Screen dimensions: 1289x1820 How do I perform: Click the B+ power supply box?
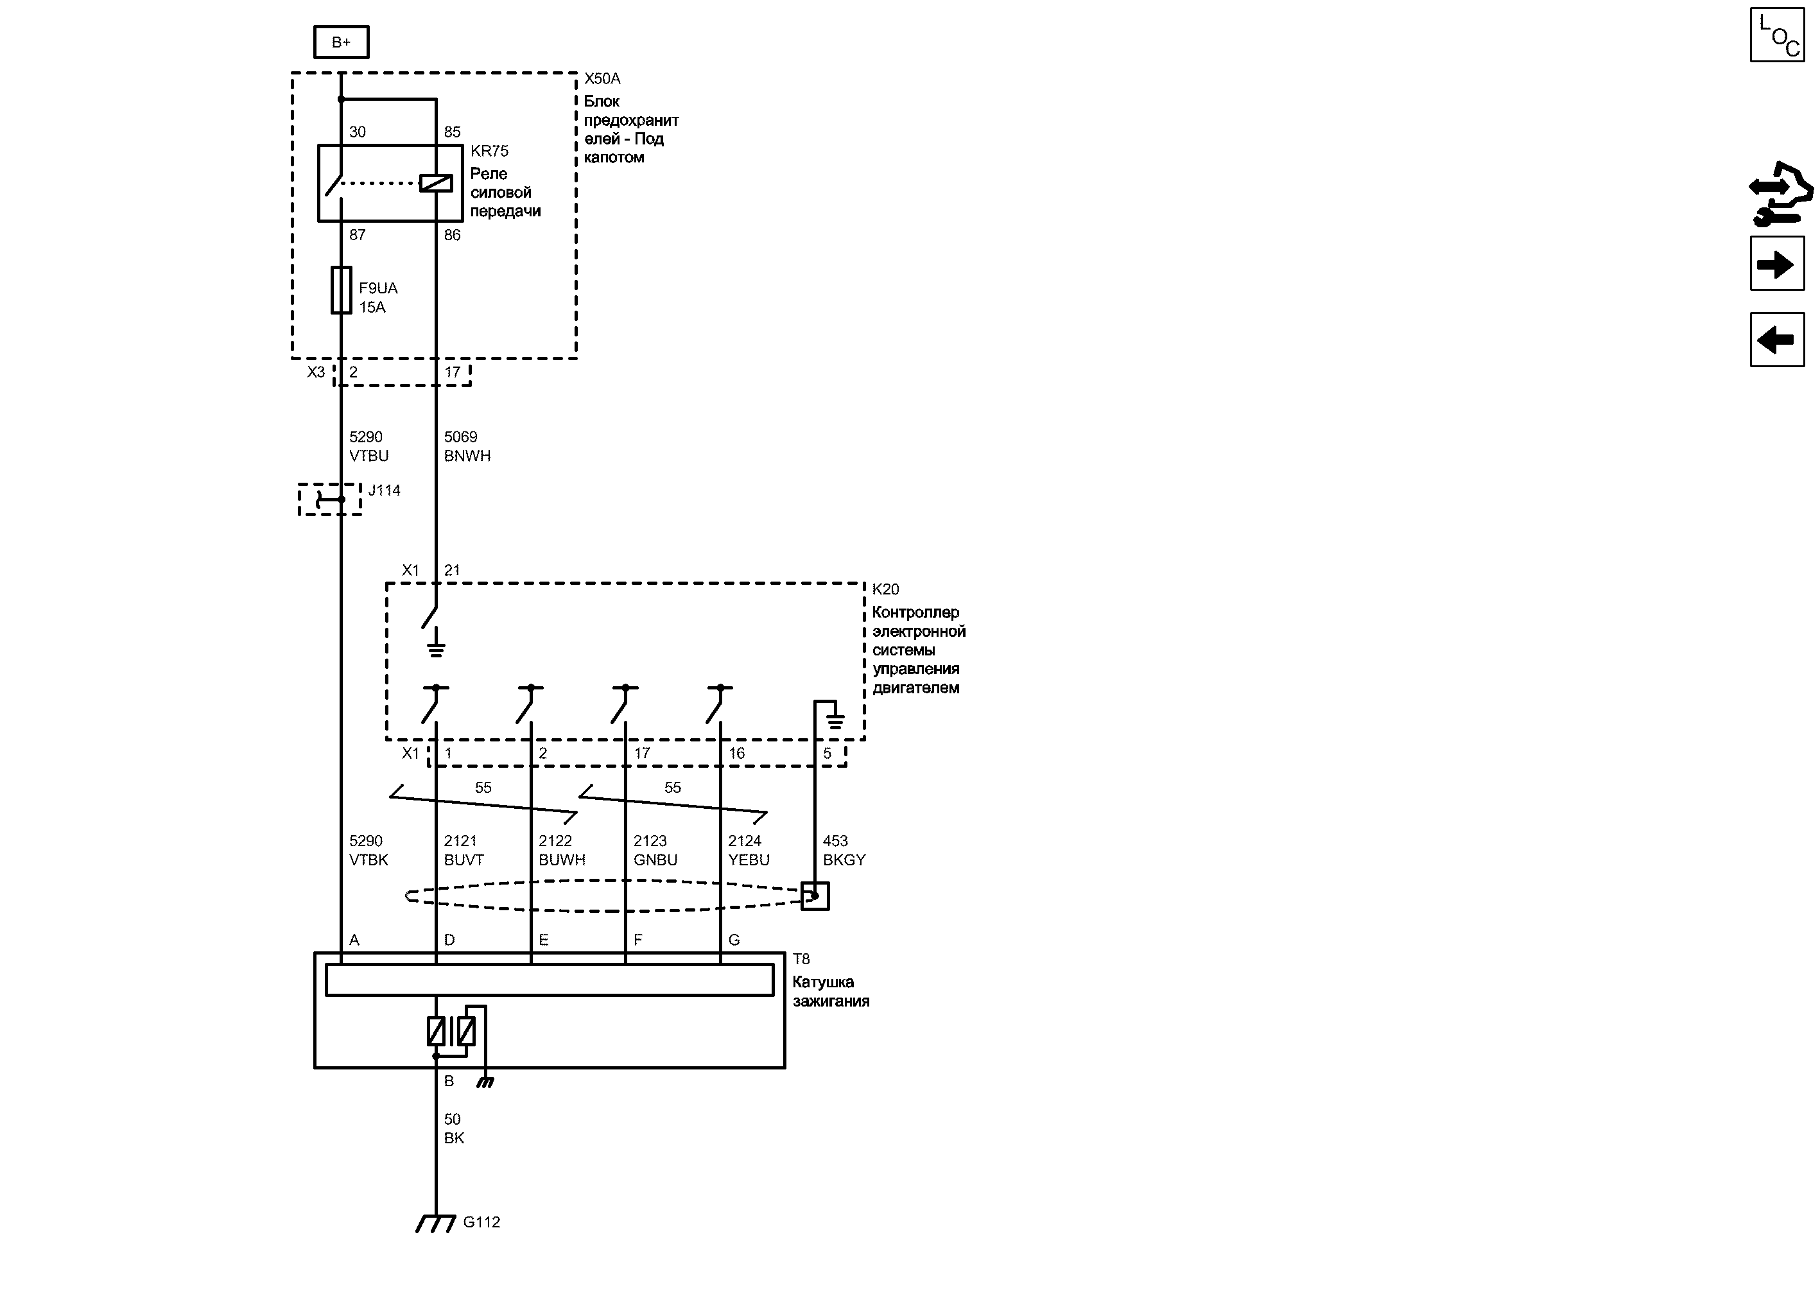coord(342,42)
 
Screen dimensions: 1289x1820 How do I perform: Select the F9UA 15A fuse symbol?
coord(342,291)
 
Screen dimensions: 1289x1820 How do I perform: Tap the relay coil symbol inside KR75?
coord(436,184)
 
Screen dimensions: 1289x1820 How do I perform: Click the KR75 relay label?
coord(489,151)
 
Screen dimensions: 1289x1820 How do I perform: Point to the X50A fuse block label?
coord(602,78)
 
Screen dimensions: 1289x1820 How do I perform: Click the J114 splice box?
coord(330,499)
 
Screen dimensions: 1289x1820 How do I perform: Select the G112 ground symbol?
coord(436,1223)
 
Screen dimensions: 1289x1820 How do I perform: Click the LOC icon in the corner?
coord(1777,34)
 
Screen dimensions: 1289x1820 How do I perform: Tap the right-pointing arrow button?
coord(1777,264)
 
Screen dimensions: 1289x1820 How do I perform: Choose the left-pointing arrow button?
coord(1777,340)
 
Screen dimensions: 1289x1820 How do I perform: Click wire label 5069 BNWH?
coord(467,446)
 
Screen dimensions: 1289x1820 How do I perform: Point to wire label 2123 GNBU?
coord(655,850)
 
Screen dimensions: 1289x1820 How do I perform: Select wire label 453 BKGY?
coord(844,850)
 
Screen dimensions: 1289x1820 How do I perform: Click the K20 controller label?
coord(885,589)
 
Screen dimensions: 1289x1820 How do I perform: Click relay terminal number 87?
coord(357,235)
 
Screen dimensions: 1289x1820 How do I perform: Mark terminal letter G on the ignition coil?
coord(734,940)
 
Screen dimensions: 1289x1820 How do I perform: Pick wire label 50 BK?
coord(453,1128)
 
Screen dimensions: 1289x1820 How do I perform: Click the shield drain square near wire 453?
coord(815,896)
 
